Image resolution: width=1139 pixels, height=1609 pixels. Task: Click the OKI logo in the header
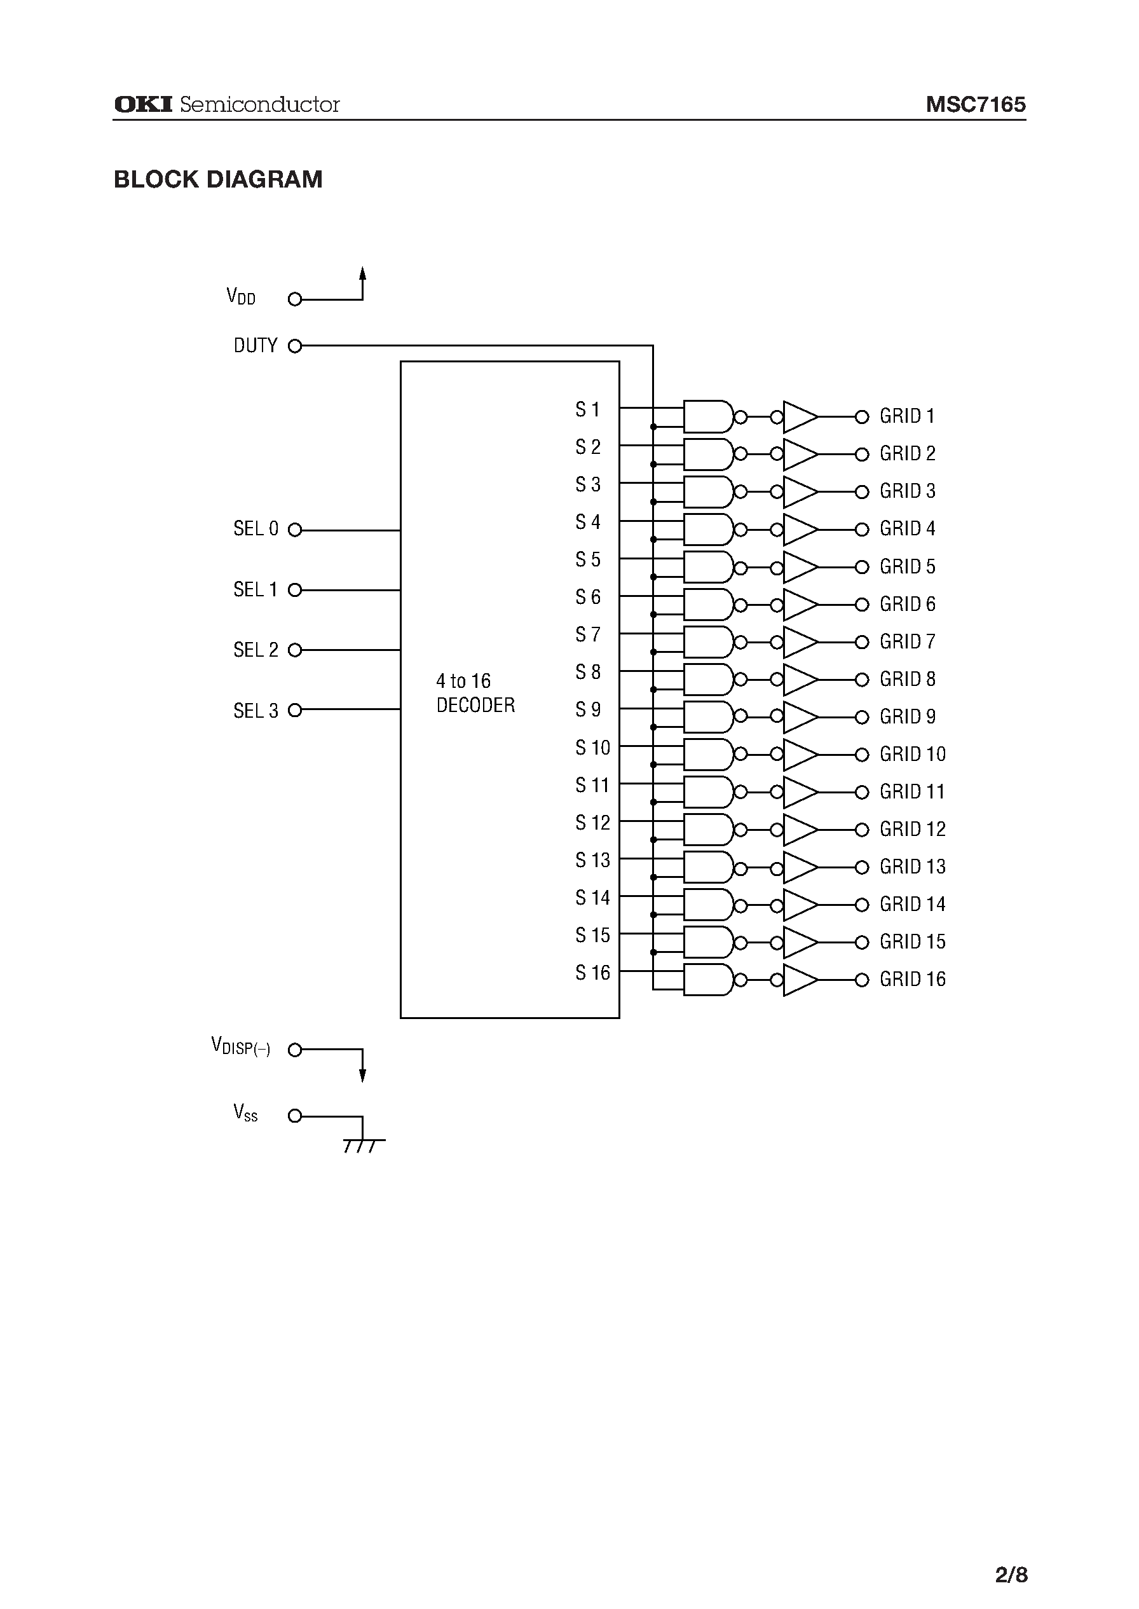[143, 104]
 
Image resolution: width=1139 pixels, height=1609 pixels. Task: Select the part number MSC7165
[975, 104]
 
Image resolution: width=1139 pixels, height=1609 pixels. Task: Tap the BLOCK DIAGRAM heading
[218, 179]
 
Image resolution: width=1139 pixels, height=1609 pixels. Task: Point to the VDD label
[240, 297]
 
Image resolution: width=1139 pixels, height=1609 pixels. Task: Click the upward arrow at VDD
[362, 274]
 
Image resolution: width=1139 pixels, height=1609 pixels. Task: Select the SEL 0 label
[256, 529]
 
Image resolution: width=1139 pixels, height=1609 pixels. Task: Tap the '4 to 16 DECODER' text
[475, 693]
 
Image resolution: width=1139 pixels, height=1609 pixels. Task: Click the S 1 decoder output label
[588, 409]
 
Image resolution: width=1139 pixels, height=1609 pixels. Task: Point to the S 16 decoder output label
[592, 973]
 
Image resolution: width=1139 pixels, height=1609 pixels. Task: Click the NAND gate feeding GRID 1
[708, 416]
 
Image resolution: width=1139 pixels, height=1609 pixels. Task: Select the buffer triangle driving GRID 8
[800, 680]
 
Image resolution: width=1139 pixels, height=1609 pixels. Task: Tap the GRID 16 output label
[913, 979]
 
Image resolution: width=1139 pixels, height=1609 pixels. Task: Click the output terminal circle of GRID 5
[862, 566]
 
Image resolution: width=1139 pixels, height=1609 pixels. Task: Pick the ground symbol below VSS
[362, 1146]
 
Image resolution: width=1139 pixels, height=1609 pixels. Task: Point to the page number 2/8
[1011, 1555]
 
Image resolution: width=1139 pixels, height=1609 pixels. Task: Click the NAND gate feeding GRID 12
[708, 830]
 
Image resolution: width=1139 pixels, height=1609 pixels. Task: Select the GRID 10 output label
[913, 754]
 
